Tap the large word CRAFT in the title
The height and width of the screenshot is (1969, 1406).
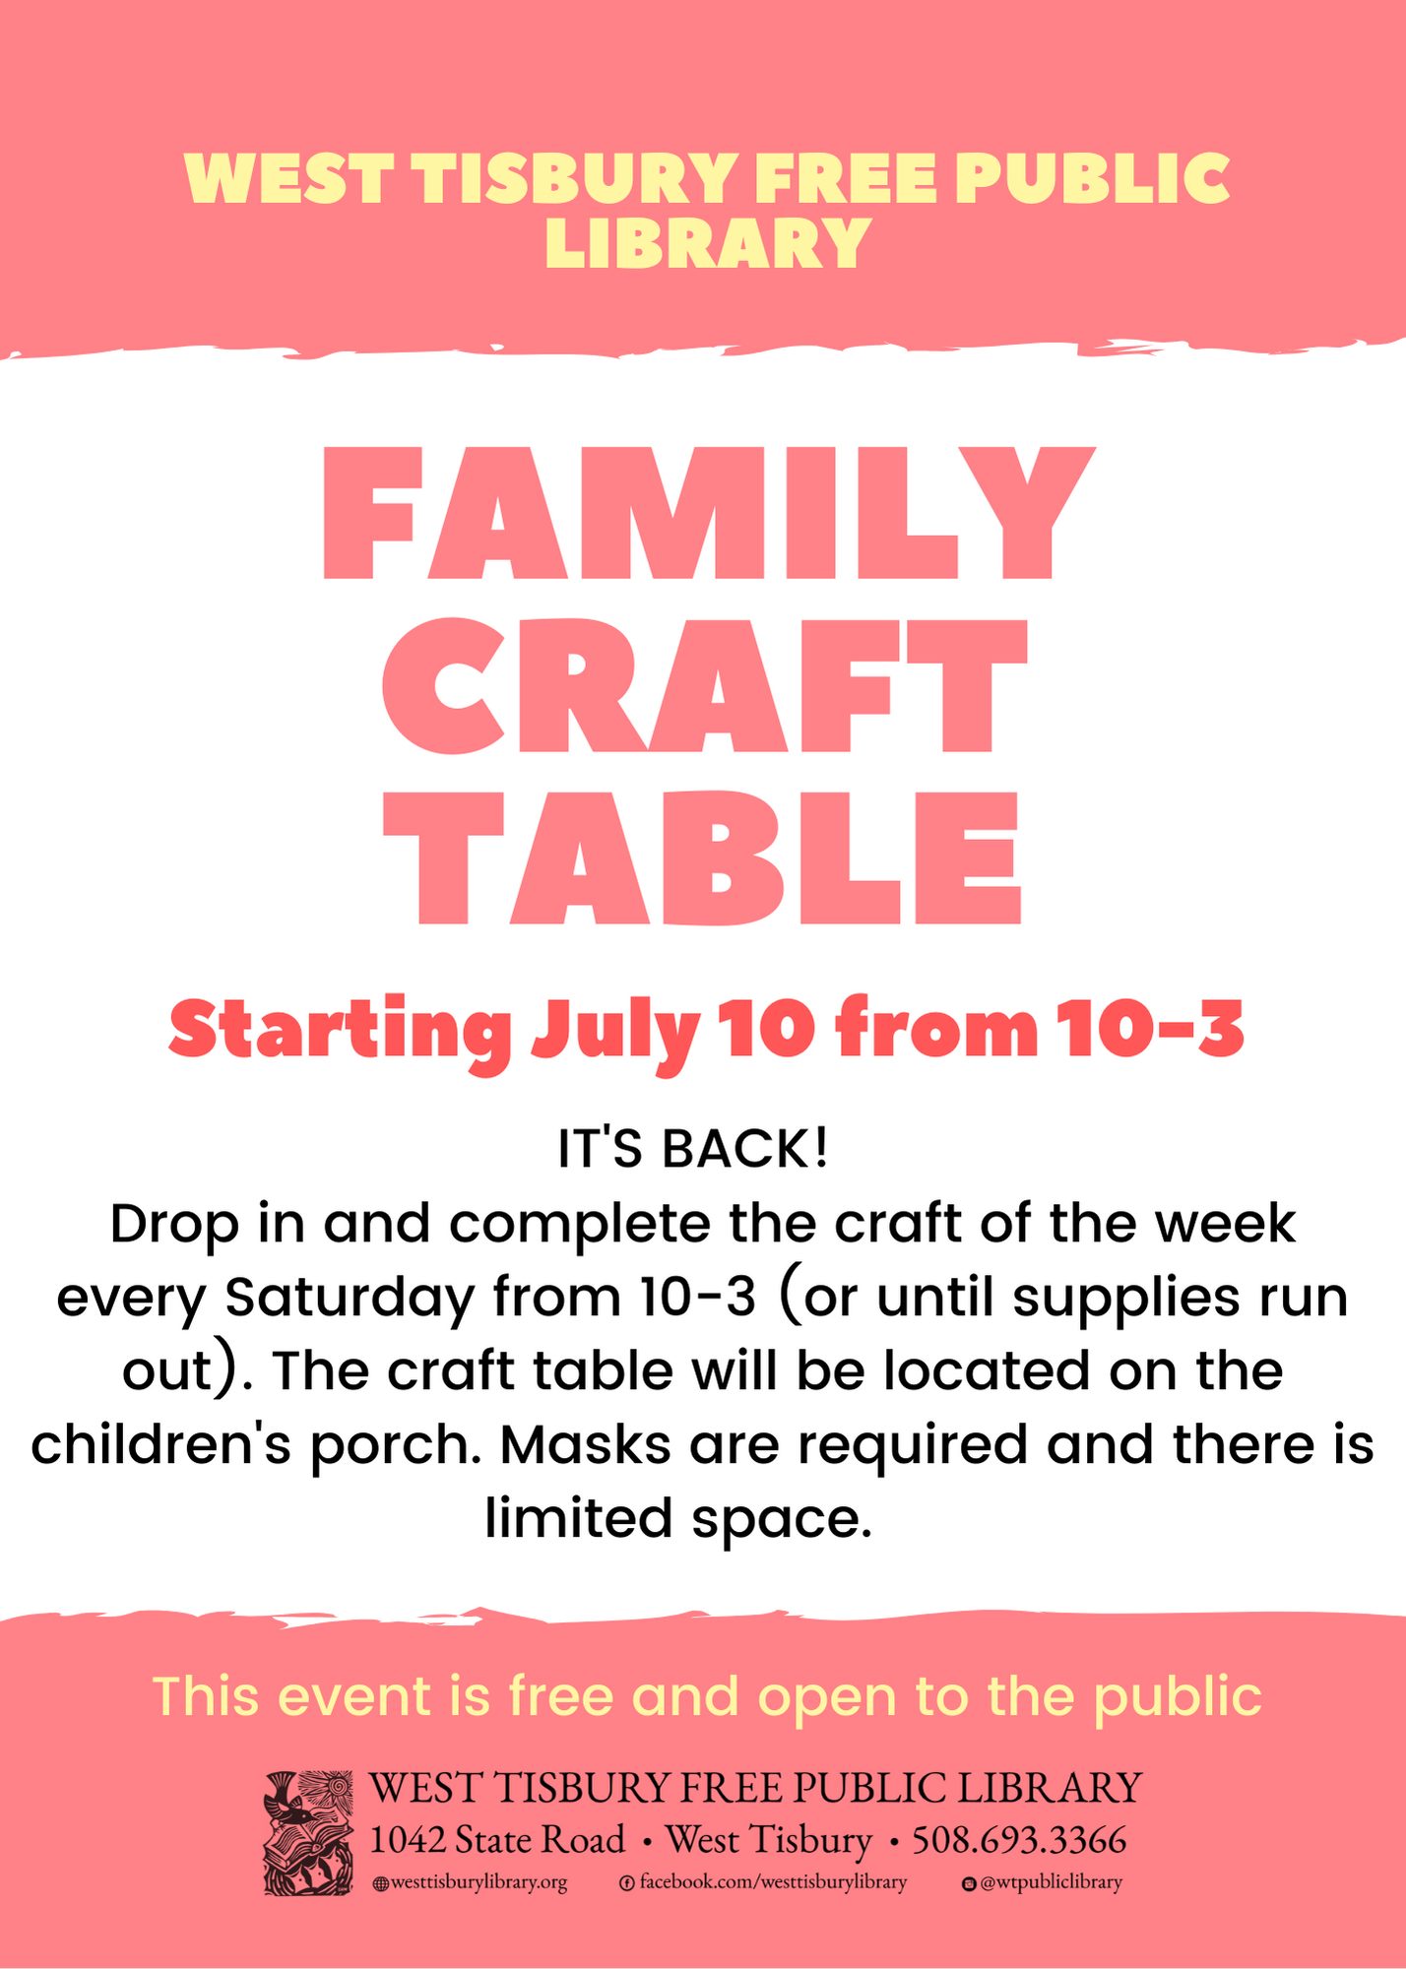(705, 686)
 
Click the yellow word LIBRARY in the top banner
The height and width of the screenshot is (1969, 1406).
(708, 242)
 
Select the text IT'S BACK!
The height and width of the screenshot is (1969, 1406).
(693, 1148)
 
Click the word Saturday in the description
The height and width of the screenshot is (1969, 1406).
(351, 1298)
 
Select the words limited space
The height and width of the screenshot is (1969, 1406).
(678, 1519)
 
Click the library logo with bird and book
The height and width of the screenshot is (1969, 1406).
(308, 1833)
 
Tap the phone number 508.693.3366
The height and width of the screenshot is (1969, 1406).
(1019, 1839)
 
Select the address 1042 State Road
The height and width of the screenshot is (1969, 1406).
(497, 1839)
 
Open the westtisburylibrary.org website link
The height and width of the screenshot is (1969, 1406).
(471, 1882)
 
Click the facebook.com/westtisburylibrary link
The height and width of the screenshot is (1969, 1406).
(763, 1882)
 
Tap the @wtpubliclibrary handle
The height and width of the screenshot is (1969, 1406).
(1042, 1882)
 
